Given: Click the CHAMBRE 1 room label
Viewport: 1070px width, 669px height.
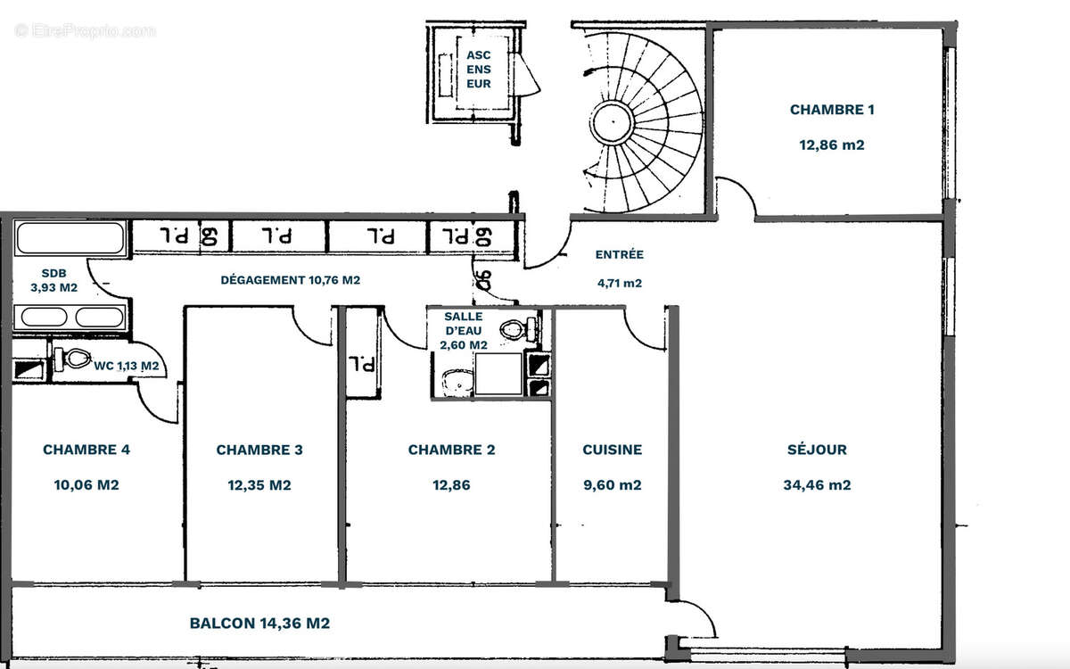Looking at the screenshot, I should tap(831, 110).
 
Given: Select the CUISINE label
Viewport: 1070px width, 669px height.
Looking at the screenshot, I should tap(612, 450).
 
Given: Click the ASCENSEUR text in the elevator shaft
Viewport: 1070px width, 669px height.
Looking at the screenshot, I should tap(479, 70).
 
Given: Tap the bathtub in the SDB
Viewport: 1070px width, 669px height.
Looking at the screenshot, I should tap(70, 239).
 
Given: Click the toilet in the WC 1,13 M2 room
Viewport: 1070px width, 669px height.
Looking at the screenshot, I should tap(77, 359).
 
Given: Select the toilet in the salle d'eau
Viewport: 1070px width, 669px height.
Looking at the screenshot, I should tap(514, 329).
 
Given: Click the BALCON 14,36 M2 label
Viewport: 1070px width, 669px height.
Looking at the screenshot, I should tap(259, 624).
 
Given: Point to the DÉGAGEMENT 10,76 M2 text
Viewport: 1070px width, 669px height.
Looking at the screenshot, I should tap(290, 280).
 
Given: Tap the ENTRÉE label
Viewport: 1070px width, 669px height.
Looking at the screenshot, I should tap(619, 254).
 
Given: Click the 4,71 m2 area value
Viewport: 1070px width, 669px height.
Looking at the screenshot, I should tap(619, 284).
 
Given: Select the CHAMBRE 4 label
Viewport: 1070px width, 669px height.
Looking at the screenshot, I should tap(86, 450).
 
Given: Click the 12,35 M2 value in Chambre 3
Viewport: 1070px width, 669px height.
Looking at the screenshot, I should tap(259, 485).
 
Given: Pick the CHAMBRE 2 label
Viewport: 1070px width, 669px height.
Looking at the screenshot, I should tap(451, 450).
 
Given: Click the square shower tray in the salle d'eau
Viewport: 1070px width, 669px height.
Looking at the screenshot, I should tap(498, 374).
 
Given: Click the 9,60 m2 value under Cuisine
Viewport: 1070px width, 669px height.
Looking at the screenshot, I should tap(612, 485).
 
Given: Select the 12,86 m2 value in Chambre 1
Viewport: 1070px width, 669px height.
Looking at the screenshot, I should tap(831, 145).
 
